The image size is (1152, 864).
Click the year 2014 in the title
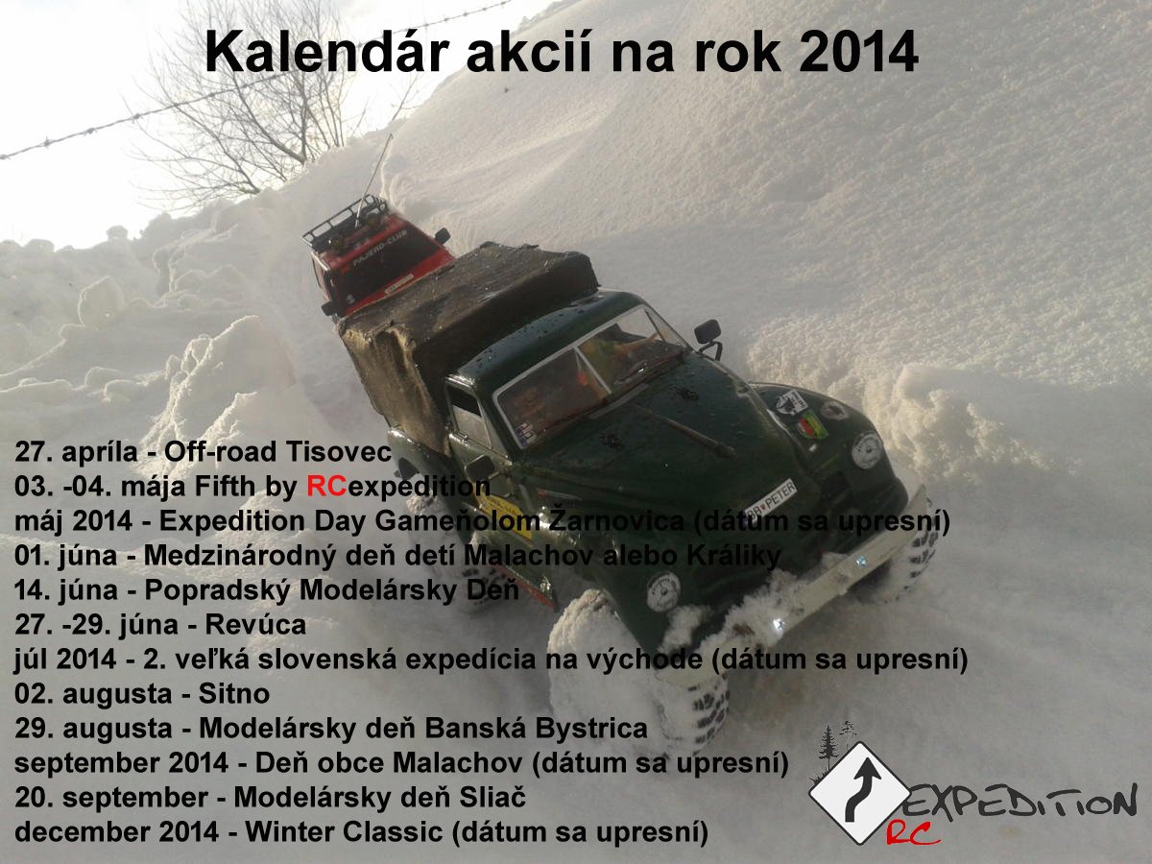(858, 52)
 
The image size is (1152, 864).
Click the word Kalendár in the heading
(327, 52)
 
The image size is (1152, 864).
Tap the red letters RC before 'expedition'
(326, 486)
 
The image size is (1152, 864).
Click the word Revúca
(255, 624)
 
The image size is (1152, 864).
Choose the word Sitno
(234, 693)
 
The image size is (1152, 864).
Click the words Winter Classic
(344, 831)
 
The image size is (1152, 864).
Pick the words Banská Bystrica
(536, 729)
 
